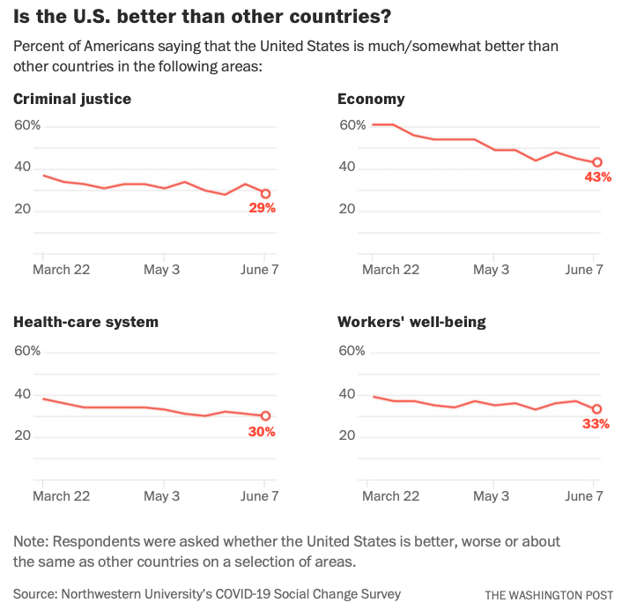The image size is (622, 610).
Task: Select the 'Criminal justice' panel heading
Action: pyautogui.click(x=72, y=99)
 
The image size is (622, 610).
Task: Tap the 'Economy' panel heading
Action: pyautogui.click(x=371, y=99)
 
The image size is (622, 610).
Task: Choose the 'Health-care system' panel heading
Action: pyautogui.click(x=86, y=322)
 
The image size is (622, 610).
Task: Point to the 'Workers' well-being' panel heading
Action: pyautogui.click(x=411, y=322)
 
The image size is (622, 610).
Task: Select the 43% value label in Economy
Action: pyautogui.click(x=597, y=177)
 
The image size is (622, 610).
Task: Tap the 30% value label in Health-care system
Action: pyautogui.click(x=262, y=432)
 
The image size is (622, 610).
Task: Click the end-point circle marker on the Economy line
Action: pyautogui.click(x=597, y=162)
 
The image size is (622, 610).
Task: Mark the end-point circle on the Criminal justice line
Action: pyautogui.click(x=265, y=194)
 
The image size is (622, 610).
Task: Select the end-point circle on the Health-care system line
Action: pyautogui.click(x=265, y=416)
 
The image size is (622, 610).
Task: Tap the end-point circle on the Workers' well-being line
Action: pyautogui.click(x=597, y=409)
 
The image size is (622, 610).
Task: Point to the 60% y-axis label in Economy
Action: pyautogui.click(x=352, y=125)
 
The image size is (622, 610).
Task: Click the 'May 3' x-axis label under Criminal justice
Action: pyautogui.click(x=161, y=270)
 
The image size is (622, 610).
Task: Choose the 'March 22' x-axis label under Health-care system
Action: pyautogui.click(x=61, y=495)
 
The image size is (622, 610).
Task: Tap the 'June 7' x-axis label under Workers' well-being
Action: pyautogui.click(x=584, y=495)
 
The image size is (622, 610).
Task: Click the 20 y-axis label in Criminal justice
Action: pyautogui.click(x=22, y=210)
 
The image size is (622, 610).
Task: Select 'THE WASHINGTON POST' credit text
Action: pyautogui.click(x=548, y=595)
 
